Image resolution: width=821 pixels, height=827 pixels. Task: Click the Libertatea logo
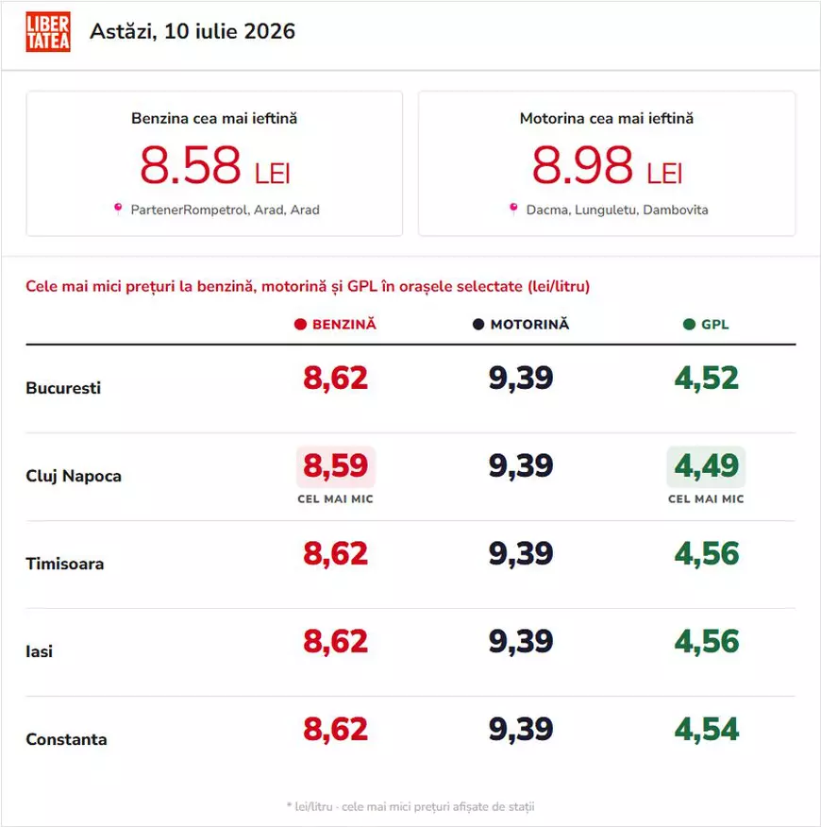coord(48,32)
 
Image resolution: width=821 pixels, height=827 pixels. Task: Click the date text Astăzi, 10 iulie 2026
coord(193,32)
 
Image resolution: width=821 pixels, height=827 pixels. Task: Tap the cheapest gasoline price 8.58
coord(191,165)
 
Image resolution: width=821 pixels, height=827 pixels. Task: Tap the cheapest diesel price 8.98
coord(582,165)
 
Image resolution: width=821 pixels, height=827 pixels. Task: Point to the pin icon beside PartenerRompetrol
coord(118,209)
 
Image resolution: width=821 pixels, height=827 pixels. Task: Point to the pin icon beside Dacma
coord(513,209)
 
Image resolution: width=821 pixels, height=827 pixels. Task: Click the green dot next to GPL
coord(689,325)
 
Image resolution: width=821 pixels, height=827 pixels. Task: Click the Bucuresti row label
coord(63,388)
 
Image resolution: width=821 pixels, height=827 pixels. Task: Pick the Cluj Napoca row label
coord(74,476)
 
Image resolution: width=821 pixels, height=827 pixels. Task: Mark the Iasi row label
coord(40,652)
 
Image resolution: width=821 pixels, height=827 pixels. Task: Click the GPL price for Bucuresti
coord(707,379)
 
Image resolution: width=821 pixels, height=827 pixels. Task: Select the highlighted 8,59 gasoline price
coord(336,466)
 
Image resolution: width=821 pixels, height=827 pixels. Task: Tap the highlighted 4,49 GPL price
coord(707,466)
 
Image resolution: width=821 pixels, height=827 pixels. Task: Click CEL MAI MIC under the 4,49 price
coord(706,499)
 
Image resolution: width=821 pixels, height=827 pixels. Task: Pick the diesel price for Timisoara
coord(521,554)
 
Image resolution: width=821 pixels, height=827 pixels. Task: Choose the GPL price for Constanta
coord(707,730)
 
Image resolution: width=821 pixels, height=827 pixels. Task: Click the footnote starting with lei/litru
coord(410,806)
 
